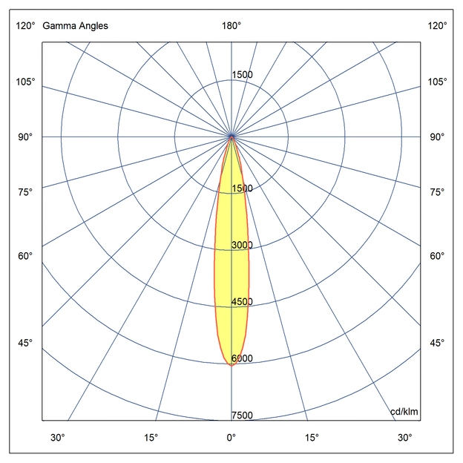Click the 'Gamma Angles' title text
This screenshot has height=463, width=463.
(x=75, y=26)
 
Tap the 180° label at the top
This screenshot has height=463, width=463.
(x=231, y=26)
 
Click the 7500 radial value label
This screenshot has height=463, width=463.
(x=243, y=416)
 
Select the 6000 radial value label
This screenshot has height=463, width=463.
(x=243, y=359)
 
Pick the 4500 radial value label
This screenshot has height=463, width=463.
(x=243, y=302)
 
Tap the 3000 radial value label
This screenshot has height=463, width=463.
(x=243, y=246)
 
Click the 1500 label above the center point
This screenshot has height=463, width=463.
(x=243, y=75)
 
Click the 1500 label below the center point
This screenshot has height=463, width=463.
(x=243, y=188)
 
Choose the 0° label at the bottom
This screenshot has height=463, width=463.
(x=231, y=437)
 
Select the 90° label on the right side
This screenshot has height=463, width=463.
(x=437, y=137)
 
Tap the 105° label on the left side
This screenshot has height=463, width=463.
(x=25, y=81)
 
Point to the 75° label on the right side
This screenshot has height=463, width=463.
(x=437, y=192)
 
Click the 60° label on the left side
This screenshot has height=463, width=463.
(x=25, y=256)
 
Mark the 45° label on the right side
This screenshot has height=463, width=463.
(x=437, y=343)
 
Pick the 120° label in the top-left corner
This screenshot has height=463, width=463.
(x=25, y=26)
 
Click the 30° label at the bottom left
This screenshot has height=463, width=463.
(x=58, y=437)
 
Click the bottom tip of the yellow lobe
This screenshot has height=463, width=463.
(x=231, y=364)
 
